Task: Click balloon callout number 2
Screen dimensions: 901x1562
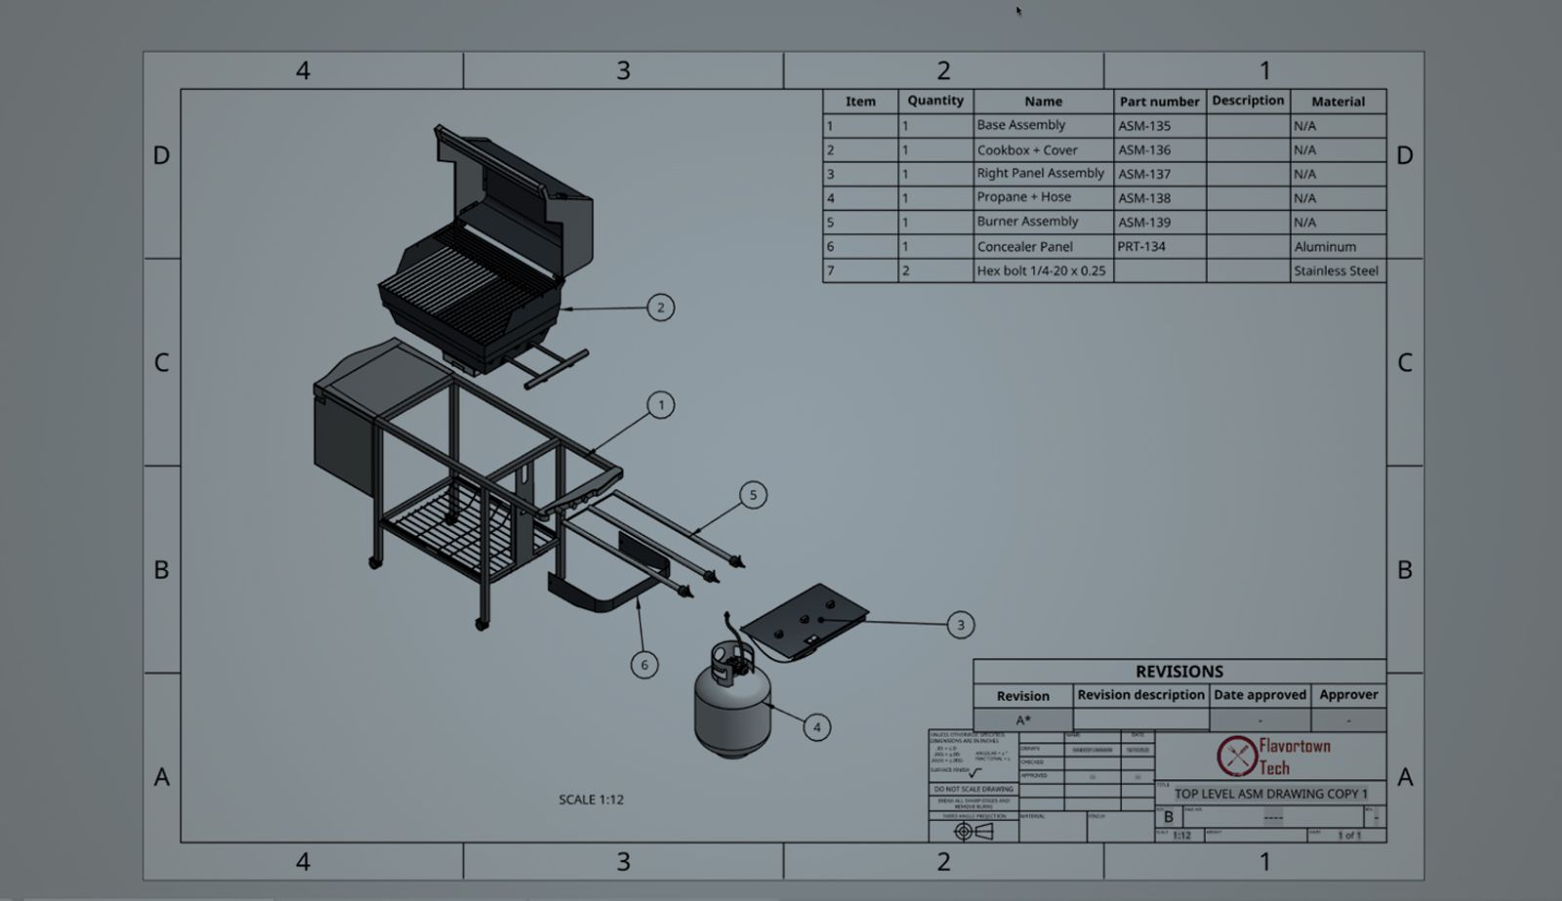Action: coord(660,307)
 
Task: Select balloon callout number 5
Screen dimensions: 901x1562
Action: coord(753,495)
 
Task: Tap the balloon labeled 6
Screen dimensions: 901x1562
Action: coord(643,665)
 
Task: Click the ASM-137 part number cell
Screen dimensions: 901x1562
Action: coord(1159,174)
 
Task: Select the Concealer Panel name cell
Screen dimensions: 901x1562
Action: coord(1042,247)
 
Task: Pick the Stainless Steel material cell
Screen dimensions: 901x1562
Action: coord(1336,271)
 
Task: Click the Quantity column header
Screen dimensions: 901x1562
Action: coord(934,101)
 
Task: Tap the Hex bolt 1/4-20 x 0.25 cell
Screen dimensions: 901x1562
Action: coord(1042,271)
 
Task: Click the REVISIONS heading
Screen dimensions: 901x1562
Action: coord(1178,672)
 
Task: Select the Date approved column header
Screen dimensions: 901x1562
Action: coord(1259,695)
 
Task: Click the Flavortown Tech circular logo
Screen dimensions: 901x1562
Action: coord(1236,756)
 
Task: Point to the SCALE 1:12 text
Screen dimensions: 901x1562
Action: coord(591,799)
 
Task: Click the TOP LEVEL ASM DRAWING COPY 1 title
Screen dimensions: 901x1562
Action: coord(1270,794)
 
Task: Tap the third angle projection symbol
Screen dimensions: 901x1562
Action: coord(973,832)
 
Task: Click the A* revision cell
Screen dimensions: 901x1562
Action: coord(1022,719)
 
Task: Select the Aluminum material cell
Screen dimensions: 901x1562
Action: coord(1336,247)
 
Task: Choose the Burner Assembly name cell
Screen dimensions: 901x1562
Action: coord(1042,223)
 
